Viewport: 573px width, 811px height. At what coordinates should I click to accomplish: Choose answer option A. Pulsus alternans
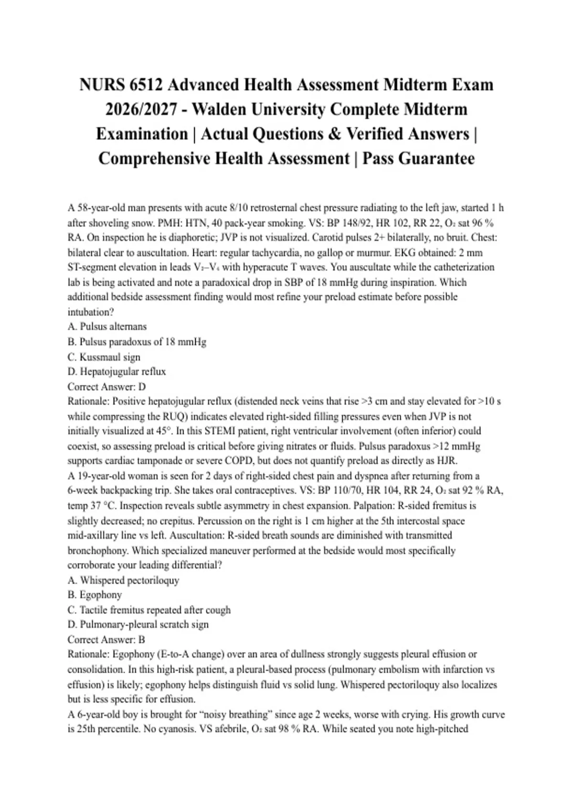coord(107,327)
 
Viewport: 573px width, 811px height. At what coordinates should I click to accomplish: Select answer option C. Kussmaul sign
coord(104,357)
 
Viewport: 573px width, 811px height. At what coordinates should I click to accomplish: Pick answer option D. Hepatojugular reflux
coord(117,372)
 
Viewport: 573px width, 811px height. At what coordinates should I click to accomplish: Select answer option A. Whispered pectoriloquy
coord(123,580)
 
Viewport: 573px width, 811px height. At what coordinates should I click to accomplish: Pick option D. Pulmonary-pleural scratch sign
coord(138,624)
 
